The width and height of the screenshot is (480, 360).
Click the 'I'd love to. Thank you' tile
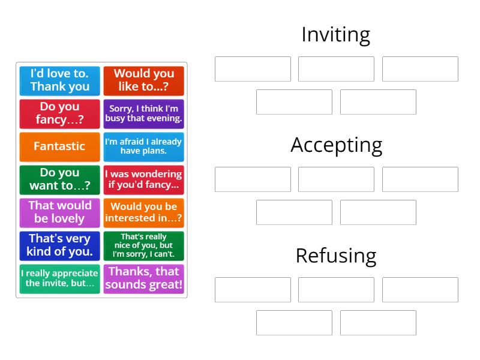coord(59,80)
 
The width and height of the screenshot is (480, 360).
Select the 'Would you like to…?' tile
coord(143,80)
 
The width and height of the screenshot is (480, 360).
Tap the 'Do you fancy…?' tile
coord(59,113)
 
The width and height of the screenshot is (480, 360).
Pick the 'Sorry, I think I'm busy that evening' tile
coord(143,113)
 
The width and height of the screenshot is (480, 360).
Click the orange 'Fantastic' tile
coord(59,146)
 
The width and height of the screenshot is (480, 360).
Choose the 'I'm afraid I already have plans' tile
coord(143,146)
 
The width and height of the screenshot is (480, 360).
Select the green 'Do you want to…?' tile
coord(59,179)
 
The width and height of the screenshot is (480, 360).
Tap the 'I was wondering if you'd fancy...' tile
coord(143,179)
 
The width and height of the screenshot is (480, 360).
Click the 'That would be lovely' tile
coord(59,212)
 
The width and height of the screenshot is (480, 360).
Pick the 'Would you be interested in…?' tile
coord(143,212)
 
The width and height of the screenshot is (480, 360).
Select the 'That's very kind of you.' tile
coord(59,245)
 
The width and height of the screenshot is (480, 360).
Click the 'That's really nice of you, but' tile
coord(143,245)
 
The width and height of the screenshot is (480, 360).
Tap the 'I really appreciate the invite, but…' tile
coord(59,278)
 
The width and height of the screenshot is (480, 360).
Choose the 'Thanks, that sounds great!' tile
coord(143,278)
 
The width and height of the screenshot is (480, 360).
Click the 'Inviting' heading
coord(335,35)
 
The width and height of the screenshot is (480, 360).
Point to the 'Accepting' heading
coord(336,145)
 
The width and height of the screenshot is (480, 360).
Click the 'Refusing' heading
coord(335,256)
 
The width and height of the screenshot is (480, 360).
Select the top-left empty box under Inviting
coord(253,69)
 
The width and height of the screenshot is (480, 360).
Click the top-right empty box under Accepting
coord(420,179)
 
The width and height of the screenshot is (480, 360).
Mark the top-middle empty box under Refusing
coord(336,290)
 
